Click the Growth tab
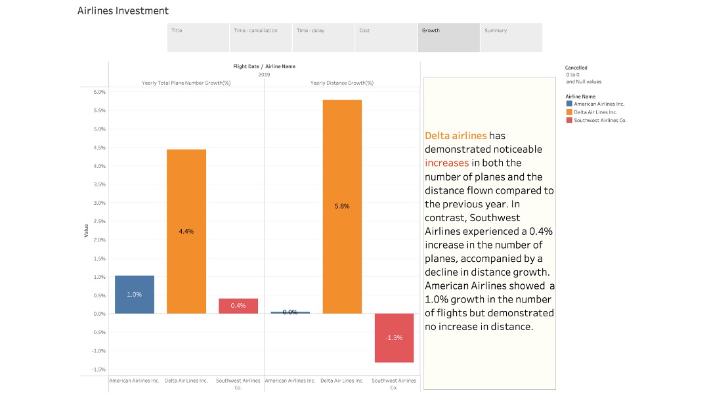(x=448, y=37)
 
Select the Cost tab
(x=386, y=37)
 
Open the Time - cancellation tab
(x=261, y=37)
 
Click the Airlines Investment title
(x=123, y=10)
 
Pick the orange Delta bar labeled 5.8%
(x=342, y=206)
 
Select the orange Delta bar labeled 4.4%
(x=186, y=231)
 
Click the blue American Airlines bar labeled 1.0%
(x=135, y=294)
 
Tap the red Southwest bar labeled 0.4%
(x=238, y=306)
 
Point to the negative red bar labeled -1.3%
(x=394, y=337)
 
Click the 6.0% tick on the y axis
(x=99, y=92)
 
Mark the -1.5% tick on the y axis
(x=98, y=369)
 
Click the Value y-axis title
(x=86, y=230)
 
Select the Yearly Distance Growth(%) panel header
(x=342, y=83)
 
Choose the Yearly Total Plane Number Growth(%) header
(x=186, y=83)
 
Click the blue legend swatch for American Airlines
(x=569, y=104)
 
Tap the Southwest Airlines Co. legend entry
(x=600, y=120)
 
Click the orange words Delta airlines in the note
(x=456, y=136)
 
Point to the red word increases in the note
(x=447, y=163)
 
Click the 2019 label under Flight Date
(x=264, y=74)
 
